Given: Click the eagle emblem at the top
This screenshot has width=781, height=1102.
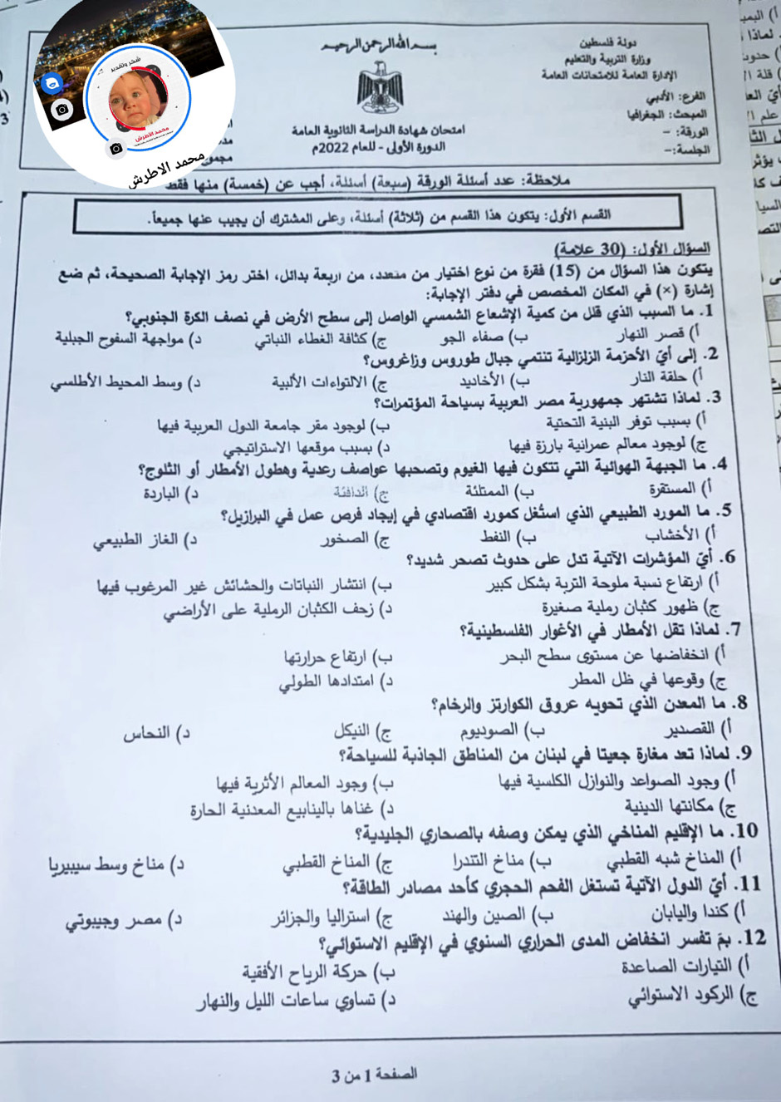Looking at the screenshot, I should click(x=381, y=90).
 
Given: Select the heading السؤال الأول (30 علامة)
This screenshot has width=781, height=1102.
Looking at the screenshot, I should click(x=632, y=248).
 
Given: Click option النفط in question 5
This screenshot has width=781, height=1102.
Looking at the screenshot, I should click(x=503, y=537).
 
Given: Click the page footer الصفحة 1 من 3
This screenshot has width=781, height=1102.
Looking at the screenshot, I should click(x=375, y=1075).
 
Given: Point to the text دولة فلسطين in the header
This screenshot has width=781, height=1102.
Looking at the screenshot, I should click(x=610, y=42).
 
